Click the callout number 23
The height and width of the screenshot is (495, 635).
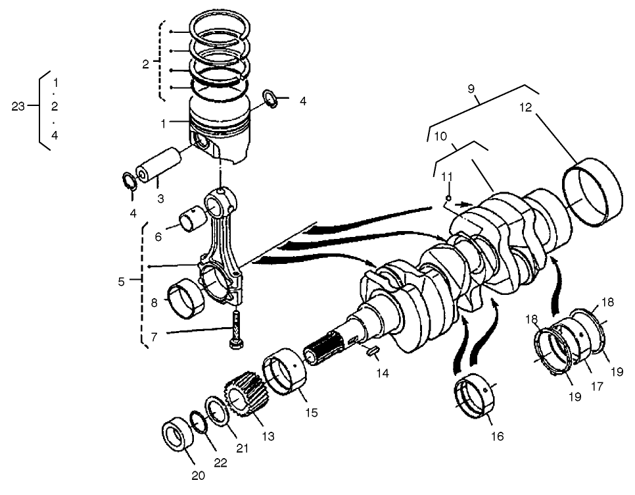click(18, 106)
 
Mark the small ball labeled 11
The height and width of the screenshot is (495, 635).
click(448, 197)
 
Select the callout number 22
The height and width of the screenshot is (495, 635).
click(220, 462)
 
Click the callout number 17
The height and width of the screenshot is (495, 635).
click(596, 387)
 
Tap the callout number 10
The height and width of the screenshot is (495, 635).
click(440, 136)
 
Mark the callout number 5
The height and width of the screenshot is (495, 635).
click(121, 281)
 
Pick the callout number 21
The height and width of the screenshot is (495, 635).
click(243, 448)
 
